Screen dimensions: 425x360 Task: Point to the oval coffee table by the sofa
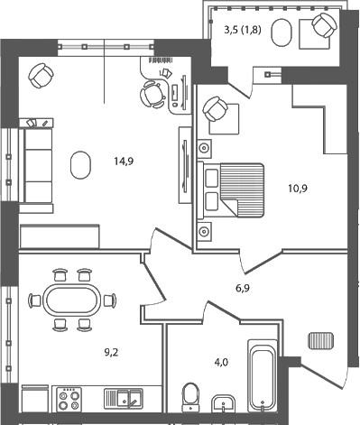point(80,164)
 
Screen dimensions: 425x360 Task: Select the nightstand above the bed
point(206,148)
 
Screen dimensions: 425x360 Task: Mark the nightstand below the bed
point(206,231)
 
